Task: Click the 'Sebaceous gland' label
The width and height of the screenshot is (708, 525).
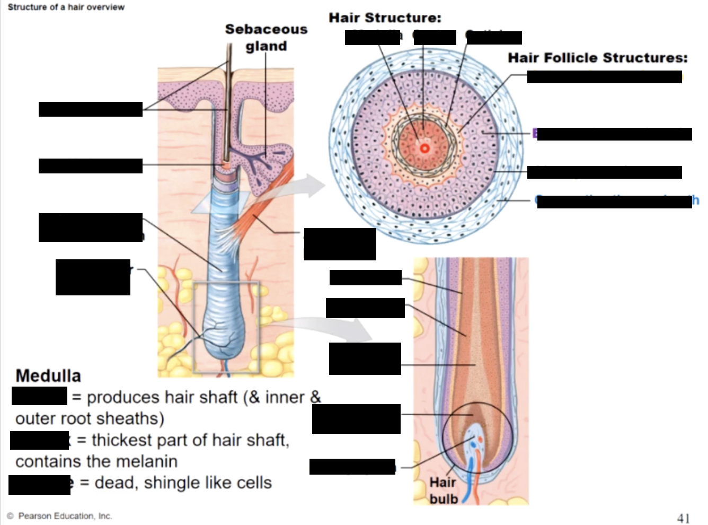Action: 266,37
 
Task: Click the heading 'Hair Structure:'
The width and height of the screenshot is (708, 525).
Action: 385,18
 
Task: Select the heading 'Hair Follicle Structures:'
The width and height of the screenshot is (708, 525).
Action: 597,58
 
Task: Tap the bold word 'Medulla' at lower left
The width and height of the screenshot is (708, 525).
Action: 48,376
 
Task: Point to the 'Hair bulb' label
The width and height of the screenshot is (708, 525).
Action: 444,491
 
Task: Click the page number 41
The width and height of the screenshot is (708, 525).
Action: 684,518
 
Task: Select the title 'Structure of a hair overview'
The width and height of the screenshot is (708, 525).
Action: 66,7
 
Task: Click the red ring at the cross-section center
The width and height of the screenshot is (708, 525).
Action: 424,148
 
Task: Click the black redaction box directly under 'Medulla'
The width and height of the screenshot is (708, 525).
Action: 39,396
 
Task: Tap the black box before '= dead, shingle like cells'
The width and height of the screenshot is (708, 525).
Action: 39,485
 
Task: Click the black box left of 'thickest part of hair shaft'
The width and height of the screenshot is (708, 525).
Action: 39,440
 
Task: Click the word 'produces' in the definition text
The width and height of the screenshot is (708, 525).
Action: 123,397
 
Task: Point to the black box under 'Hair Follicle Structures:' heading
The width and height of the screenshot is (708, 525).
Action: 604,77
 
